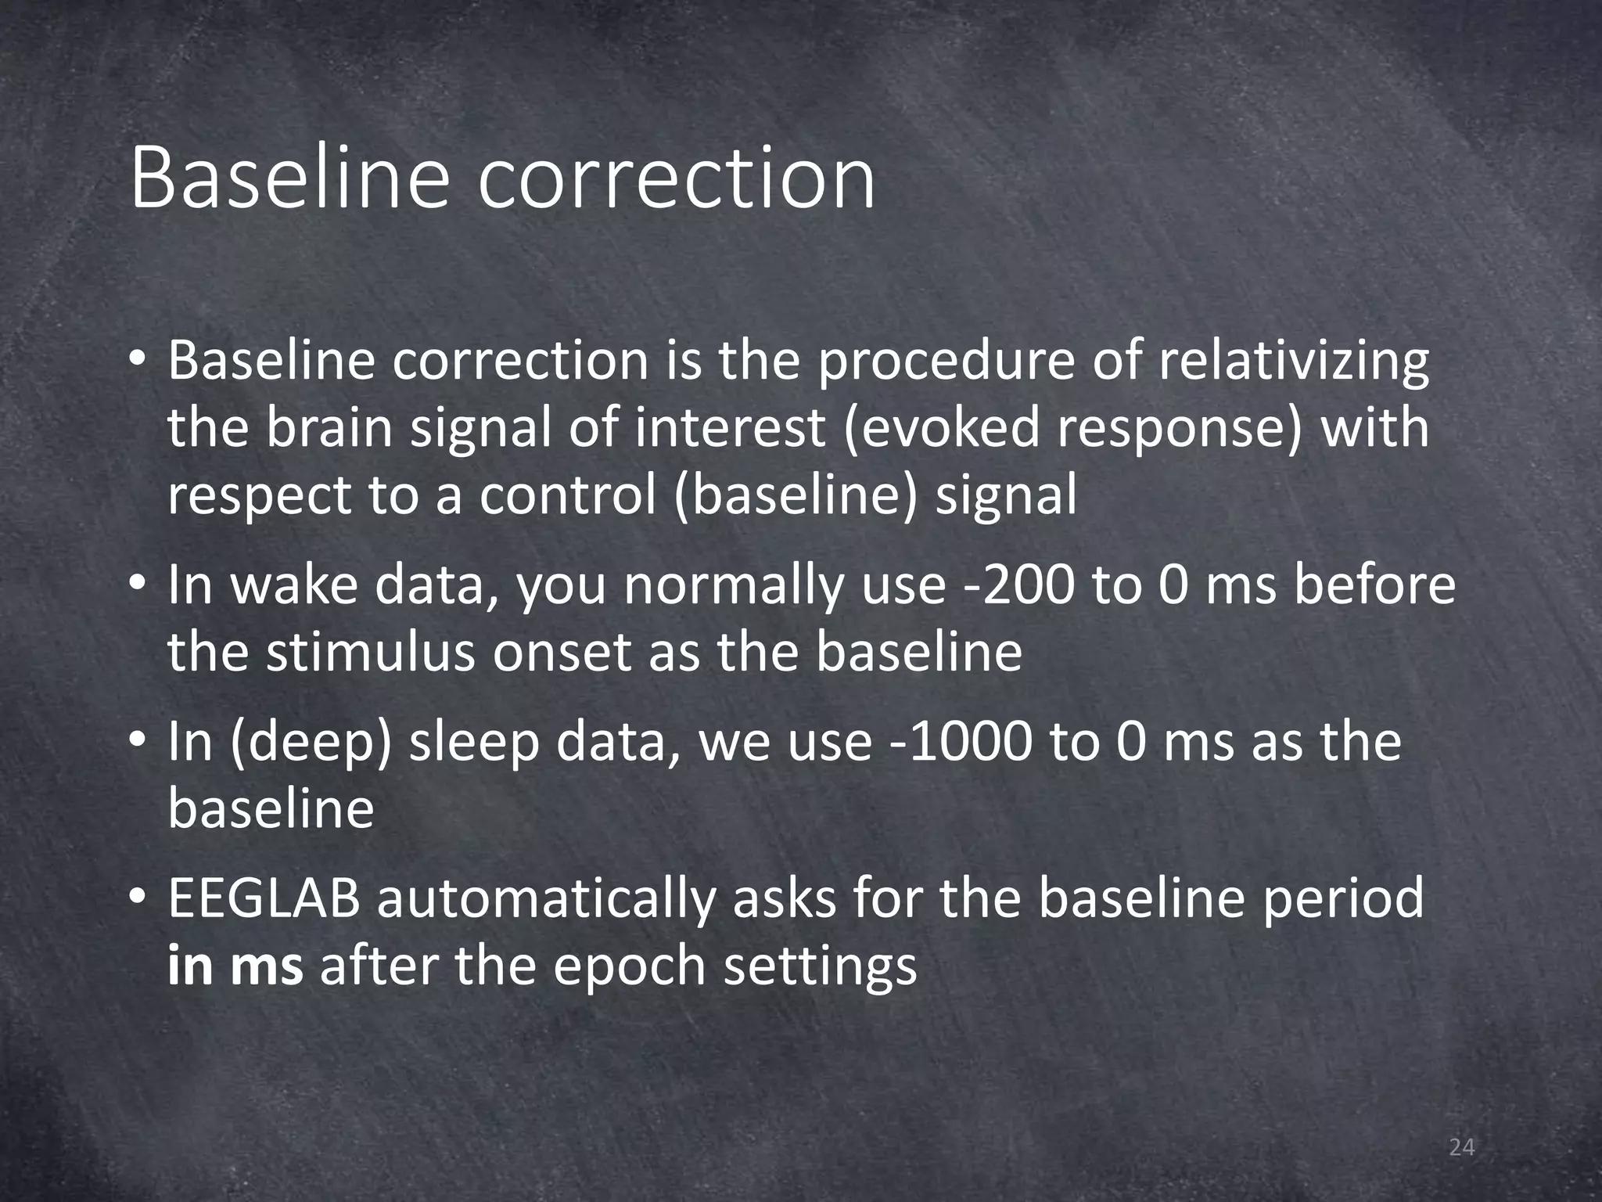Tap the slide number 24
[1461, 1148]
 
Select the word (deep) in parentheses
[311, 742]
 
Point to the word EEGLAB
[264, 898]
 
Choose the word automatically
[546, 898]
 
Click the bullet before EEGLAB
[138, 898]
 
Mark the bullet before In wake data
[138, 585]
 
